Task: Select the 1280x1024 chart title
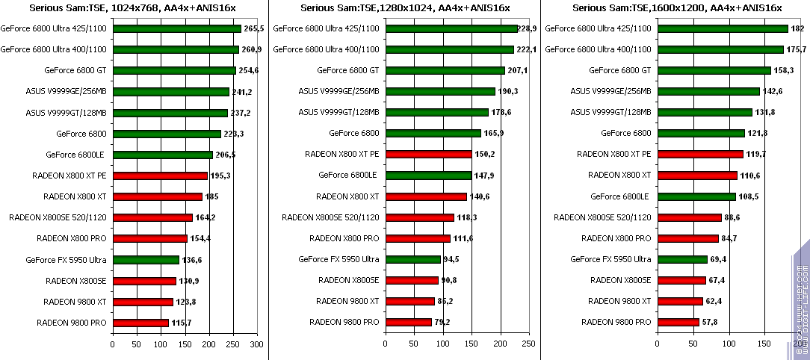click(x=406, y=8)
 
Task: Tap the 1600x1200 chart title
click(x=677, y=8)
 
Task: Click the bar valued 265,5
click(x=176, y=29)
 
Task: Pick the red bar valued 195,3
click(x=159, y=176)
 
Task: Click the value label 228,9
click(x=529, y=29)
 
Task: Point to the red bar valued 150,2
click(x=428, y=155)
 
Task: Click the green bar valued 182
click(x=722, y=29)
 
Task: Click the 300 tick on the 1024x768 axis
click(x=257, y=344)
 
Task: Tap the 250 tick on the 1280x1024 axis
click(x=528, y=344)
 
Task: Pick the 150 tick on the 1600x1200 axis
click(x=764, y=344)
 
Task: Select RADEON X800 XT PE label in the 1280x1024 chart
click(x=342, y=155)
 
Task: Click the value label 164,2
click(x=205, y=218)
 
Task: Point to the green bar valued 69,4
click(x=682, y=260)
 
